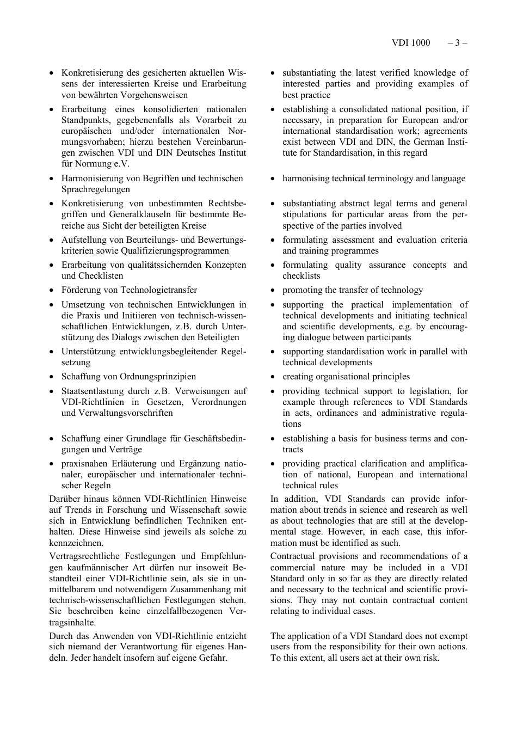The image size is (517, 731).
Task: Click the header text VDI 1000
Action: (410, 43)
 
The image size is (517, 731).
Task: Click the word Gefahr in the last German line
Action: (213, 658)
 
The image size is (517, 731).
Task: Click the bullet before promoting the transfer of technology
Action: (273, 291)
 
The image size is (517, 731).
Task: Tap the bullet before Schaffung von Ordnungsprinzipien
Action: (52, 377)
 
